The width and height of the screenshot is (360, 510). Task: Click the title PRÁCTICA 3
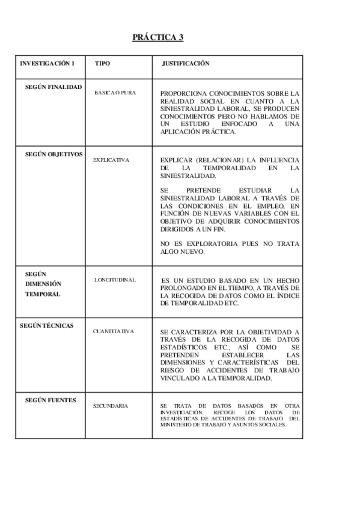(158, 38)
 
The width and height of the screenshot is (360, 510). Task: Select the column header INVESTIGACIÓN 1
(47, 63)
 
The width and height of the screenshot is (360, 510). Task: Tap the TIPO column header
(103, 63)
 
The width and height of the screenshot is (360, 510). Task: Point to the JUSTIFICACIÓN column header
(186, 63)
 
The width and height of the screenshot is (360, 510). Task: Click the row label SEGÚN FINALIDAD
(53, 87)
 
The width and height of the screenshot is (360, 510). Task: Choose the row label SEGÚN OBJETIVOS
(54, 154)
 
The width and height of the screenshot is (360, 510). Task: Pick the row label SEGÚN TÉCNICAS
(47, 325)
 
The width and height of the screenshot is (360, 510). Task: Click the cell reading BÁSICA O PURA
(115, 93)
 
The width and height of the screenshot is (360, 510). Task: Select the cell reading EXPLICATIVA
(111, 160)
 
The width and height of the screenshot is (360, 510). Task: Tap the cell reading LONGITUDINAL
(115, 280)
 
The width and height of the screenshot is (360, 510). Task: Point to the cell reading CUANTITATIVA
(113, 331)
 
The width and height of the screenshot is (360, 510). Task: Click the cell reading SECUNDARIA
(110, 406)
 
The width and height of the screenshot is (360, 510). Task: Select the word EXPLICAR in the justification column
(174, 160)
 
